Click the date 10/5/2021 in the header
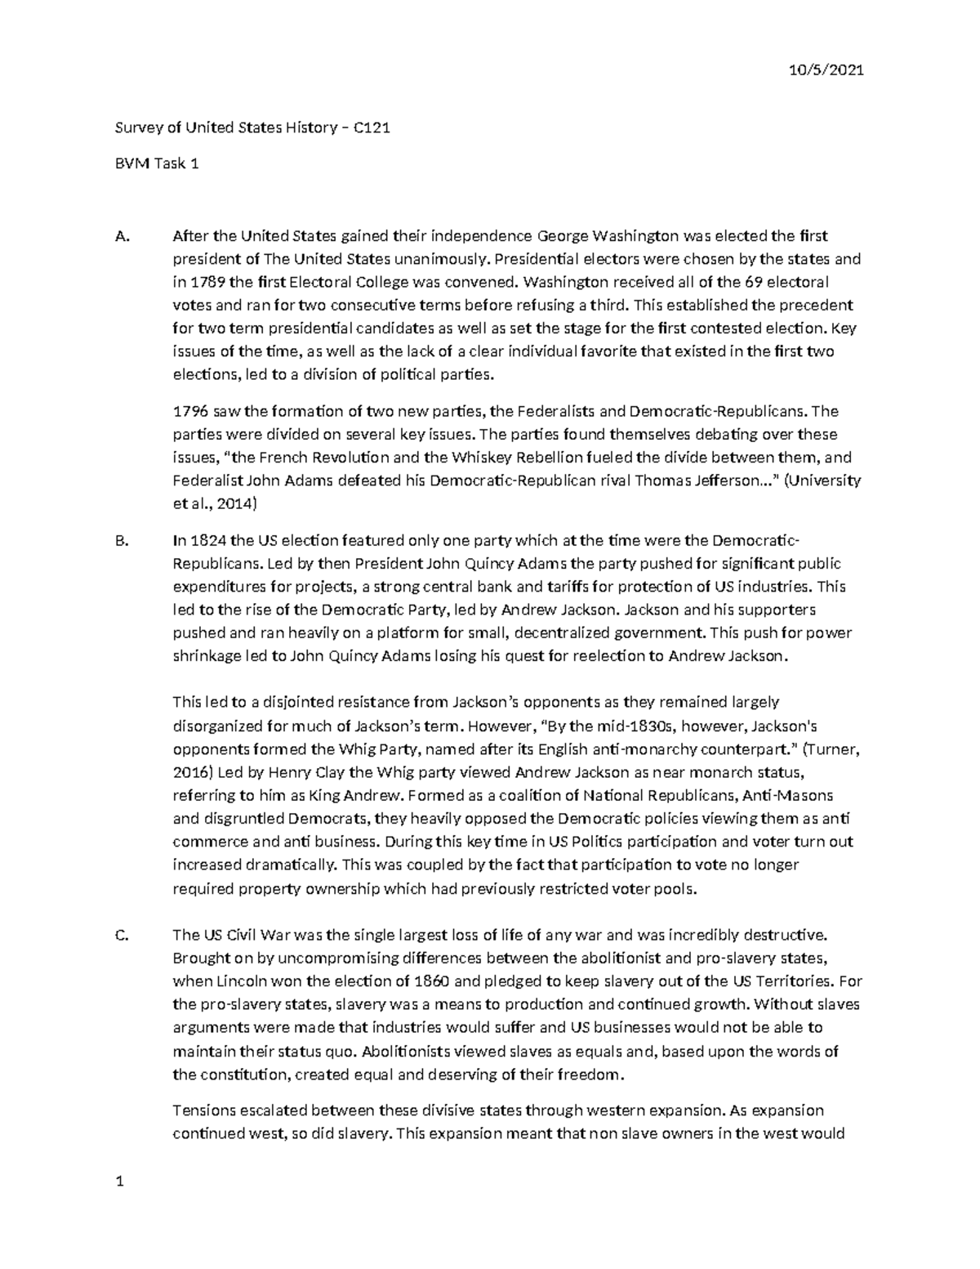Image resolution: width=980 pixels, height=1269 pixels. (827, 70)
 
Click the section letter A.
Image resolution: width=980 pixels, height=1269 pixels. (122, 237)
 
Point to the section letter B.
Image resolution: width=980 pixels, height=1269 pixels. (122, 541)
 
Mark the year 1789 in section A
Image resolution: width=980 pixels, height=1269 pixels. (206, 283)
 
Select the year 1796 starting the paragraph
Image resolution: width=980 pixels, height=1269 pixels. (190, 412)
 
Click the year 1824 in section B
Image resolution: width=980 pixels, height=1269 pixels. (207, 541)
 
